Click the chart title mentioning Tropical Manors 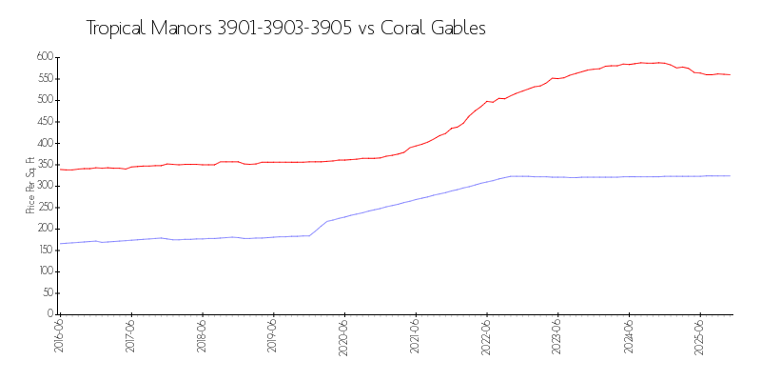[285, 29]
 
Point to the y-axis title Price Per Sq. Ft [30, 185]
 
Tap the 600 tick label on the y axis [44, 57]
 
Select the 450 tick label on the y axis [44, 121]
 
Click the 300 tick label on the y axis [44, 186]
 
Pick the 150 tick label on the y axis [44, 250]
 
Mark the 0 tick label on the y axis [50, 314]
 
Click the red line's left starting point [60, 170]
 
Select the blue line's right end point [731, 175]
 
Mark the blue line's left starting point [60, 244]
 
